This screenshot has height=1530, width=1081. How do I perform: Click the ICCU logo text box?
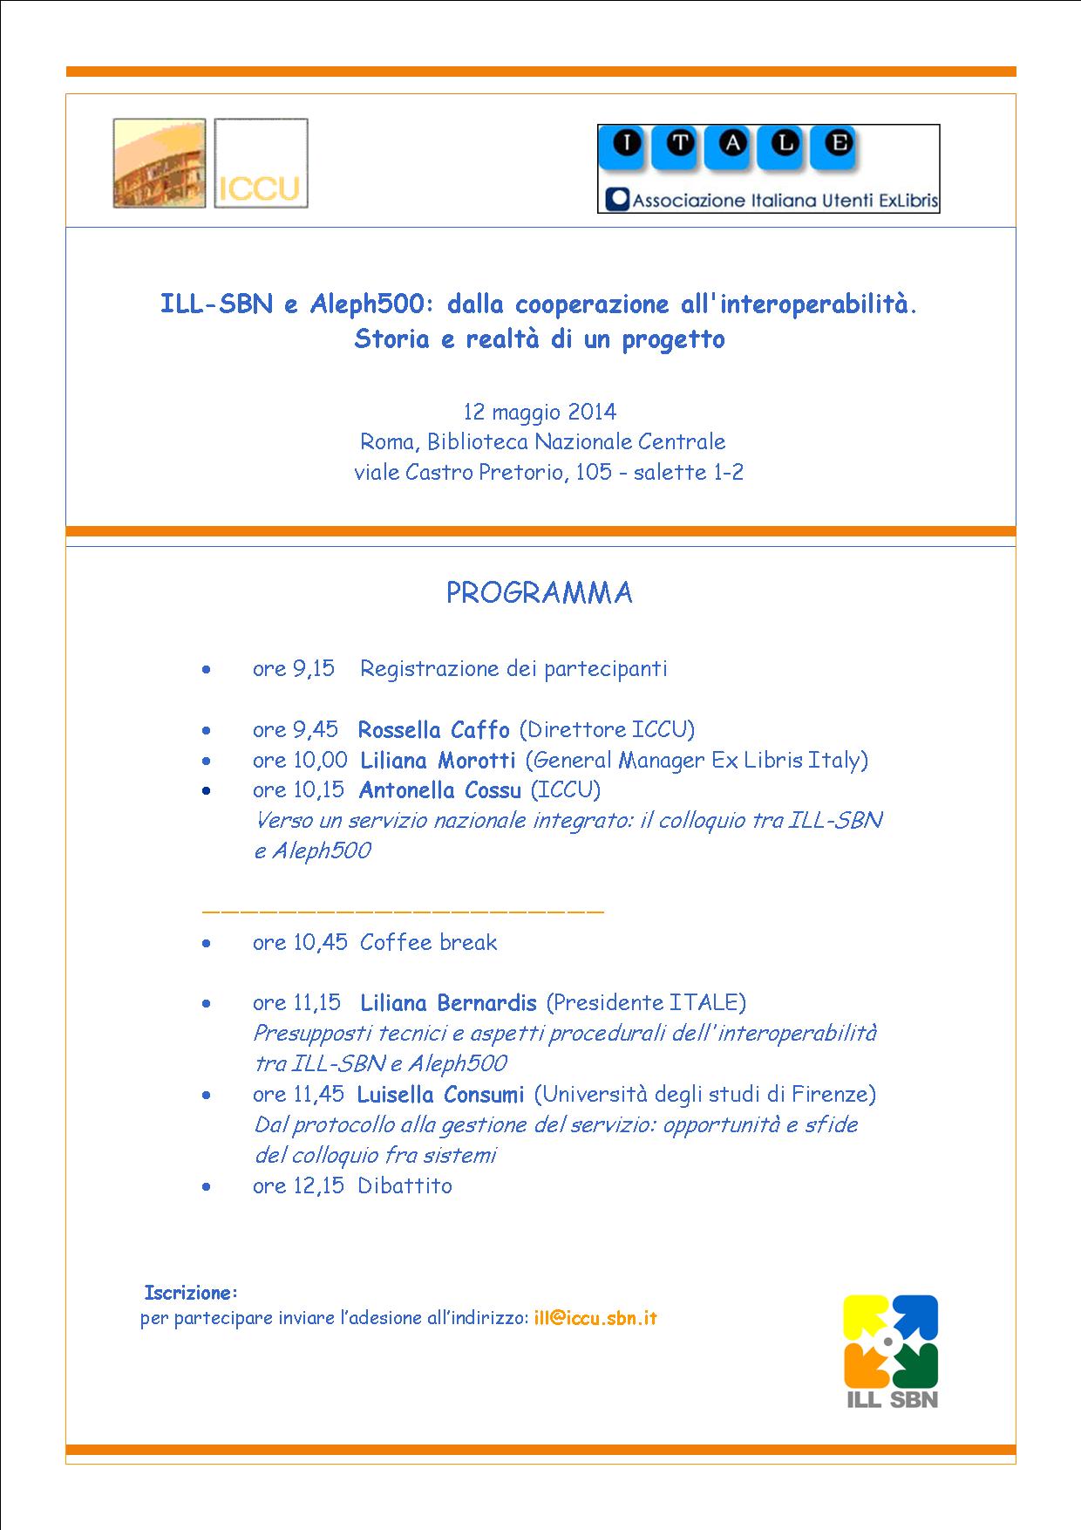click(261, 164)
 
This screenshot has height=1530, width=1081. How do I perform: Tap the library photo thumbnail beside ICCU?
click(160, 164)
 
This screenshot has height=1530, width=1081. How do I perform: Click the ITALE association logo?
click(768, 169)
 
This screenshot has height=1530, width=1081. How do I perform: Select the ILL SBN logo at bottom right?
click(890, 1352)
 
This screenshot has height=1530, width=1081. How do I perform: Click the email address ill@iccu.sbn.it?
click(595, 1318)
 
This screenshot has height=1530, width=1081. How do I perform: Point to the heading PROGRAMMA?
click(539, 593)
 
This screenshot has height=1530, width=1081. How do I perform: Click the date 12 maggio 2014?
click(540, 412)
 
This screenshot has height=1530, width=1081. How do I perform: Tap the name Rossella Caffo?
click(433, 729)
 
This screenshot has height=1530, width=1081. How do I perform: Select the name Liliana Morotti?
click(438, 760)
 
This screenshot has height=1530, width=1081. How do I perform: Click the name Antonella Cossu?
click(439, 790)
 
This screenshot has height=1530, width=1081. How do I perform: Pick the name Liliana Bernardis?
click(448, 1003)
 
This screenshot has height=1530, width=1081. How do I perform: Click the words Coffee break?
click(428, 942)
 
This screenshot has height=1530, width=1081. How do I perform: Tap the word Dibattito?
click(405, 1185)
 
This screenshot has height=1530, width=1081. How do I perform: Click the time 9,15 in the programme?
click(314, 669)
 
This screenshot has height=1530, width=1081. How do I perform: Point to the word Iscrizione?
click(190, 1292)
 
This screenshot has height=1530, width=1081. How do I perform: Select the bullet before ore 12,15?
click(206, 1186)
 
